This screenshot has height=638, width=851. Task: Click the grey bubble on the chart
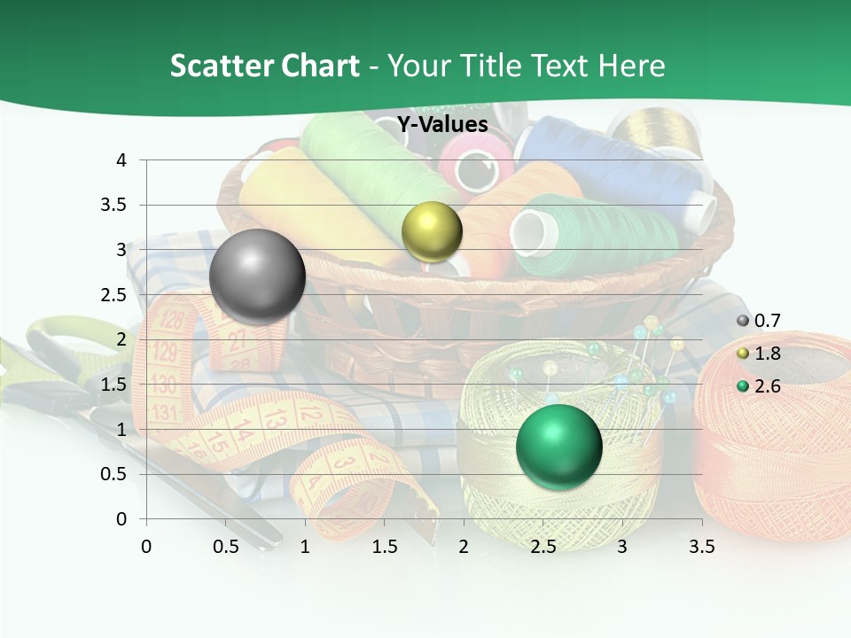point(257,276)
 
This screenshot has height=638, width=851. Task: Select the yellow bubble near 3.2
point(432,231)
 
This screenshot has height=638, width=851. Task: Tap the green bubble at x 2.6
point(558,446)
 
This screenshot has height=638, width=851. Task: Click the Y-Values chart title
point(442,125)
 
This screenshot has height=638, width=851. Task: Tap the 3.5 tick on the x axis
point(701,547)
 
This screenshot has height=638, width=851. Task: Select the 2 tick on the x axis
point(464,547)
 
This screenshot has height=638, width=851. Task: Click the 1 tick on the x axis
point(305,547)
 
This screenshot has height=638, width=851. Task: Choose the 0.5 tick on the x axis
point(225,547)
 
